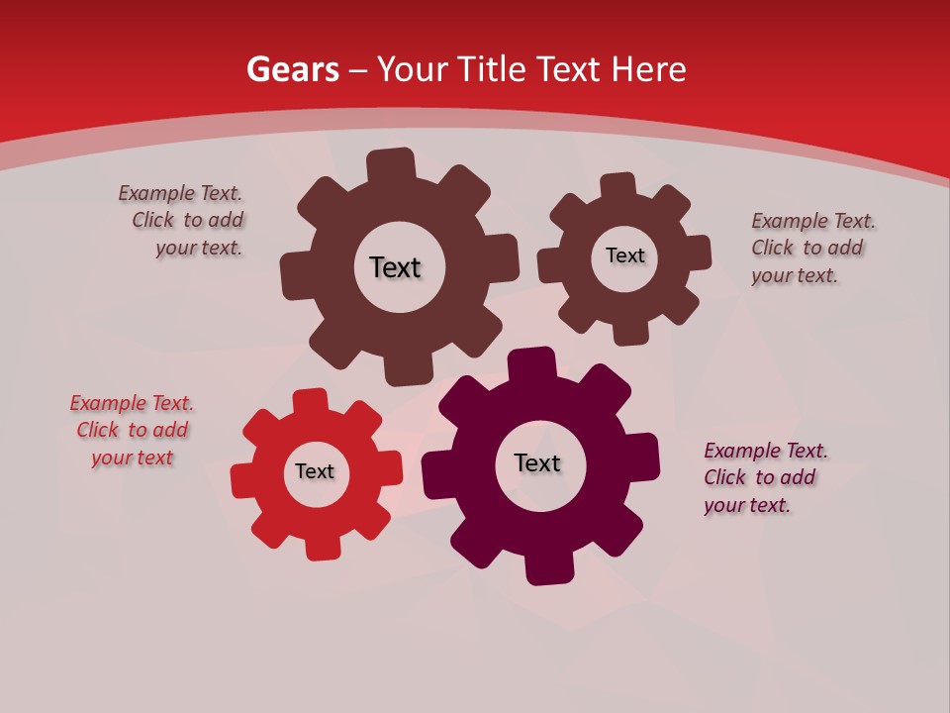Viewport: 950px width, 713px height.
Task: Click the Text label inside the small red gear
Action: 315,472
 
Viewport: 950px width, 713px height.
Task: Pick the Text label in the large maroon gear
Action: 537,463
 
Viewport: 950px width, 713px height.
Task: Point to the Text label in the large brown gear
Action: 395,267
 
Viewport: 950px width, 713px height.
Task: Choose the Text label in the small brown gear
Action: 625,255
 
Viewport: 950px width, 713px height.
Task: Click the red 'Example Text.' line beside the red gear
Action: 132,403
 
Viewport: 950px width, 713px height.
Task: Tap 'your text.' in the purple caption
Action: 747,505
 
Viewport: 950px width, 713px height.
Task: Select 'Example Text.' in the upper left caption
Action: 180,193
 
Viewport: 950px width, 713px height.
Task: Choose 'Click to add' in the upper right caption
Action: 807,248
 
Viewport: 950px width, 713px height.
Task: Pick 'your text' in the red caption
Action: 132,458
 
